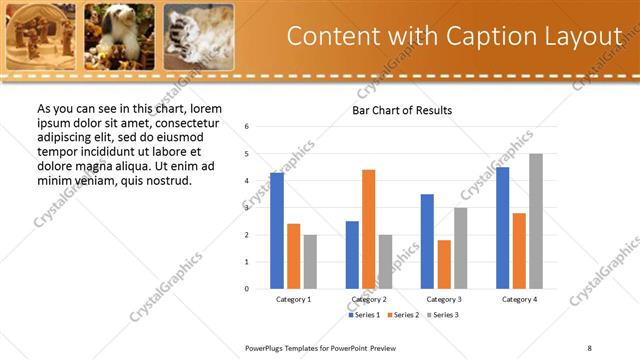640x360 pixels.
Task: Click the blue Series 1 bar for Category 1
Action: pyautogui.click(x=277, y=231)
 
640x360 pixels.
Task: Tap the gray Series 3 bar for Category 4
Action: pyautogui.click(x=536, y=221)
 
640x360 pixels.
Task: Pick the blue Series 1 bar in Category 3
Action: pyautogui.click(x=427, y=241)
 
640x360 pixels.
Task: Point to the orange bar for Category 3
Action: pyautogui.click(x=444, y=264)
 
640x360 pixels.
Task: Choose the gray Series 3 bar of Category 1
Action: pyautogui.click(x=310, y=261)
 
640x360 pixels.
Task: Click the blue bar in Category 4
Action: pyautogui.click(x=502, y=228)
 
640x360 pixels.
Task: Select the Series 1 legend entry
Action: pyautogui.click(x=365, y=315)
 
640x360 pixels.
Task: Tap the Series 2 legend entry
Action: pyautogui.click(x=402, y=315)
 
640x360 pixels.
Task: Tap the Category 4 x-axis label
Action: pyautogui.click(x=519, y=299)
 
